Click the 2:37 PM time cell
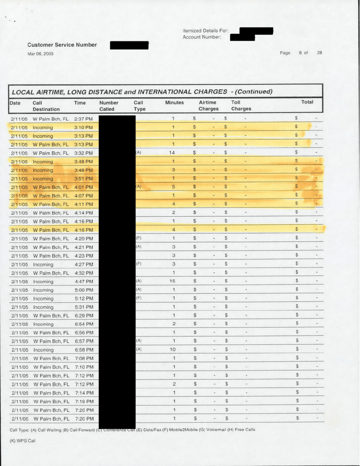click(x=83, y=119)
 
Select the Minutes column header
click(x=174, y=102)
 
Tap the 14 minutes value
click(x=174, y=153)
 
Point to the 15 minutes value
click(x=174, y=281)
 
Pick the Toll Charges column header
click(x=241, y=105)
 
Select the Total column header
click(x=307, y=102)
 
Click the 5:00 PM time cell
click(x=83, y=290)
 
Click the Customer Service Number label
click(x=62, y=45)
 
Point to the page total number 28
click(x=319, y=53)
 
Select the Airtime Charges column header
click(x=208, y=105)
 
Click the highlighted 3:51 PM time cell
click(x=83, y=179)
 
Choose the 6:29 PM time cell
click(x=83, y=316)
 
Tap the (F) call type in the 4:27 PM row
click(x=138, y=264)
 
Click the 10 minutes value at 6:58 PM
click(x=174, y=350)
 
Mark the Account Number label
click(x=201, y=37)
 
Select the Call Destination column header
click(x=46, y=105)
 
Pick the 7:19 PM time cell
click(x=83, y=401)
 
